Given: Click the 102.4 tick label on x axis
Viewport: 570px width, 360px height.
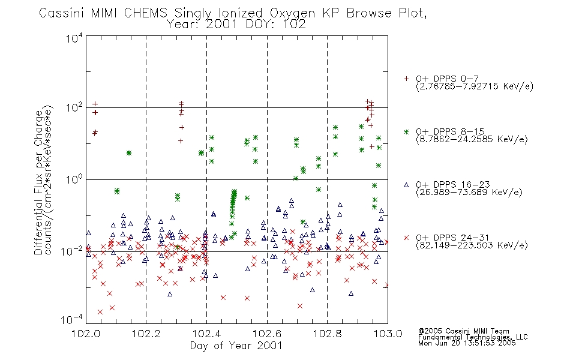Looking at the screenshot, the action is (207, 334).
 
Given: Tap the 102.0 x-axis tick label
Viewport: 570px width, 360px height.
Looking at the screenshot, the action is (86, 334).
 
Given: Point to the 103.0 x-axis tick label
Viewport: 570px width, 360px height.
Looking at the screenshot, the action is (388, 334).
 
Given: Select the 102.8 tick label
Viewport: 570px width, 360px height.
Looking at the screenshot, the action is (328, 334).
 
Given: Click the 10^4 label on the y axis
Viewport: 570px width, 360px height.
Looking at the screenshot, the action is (75, 38).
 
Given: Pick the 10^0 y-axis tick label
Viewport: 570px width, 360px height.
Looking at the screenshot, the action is (75, 179).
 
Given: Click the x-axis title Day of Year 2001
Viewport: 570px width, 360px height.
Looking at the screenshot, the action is (236, 346).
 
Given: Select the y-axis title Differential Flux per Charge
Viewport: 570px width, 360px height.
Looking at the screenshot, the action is (38, 182).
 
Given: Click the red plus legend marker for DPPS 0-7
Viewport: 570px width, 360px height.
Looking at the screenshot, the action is (406, 78).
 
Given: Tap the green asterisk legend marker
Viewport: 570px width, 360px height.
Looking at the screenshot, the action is (406, 131).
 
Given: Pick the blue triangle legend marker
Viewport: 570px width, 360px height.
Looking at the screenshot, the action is (406, 185).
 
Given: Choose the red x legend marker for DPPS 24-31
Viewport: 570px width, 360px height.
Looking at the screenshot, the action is (406, 238).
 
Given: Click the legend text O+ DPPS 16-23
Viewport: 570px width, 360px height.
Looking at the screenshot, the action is (453, 184).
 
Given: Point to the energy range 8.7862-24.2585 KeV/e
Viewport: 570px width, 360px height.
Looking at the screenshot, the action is (472, 139).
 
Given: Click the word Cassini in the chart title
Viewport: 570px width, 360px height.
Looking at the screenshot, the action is (61, 13).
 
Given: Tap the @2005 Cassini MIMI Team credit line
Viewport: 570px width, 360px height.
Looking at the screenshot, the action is (464, 331).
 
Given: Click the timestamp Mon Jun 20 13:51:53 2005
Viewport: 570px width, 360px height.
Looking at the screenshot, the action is (467, 343).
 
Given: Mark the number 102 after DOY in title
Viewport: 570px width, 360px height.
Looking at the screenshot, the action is (294, 25).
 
